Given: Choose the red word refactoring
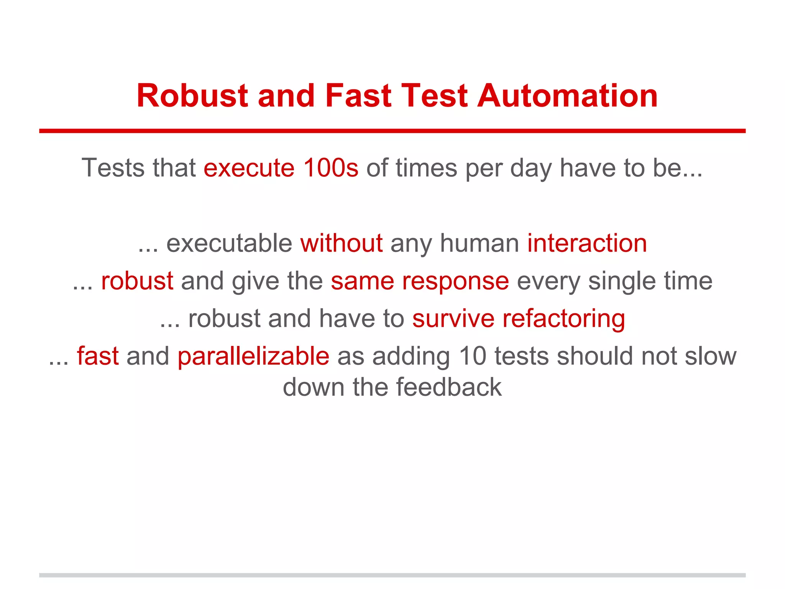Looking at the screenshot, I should click(564, 319).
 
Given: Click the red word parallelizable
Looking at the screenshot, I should click(253, 356).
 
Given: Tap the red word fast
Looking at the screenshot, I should click(98, 356).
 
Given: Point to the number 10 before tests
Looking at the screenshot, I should click(472, 356).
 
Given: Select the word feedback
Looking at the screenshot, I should click(448, 387).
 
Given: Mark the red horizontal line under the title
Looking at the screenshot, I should click(392, 131).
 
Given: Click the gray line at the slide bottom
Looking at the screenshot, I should click(392, 575).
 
